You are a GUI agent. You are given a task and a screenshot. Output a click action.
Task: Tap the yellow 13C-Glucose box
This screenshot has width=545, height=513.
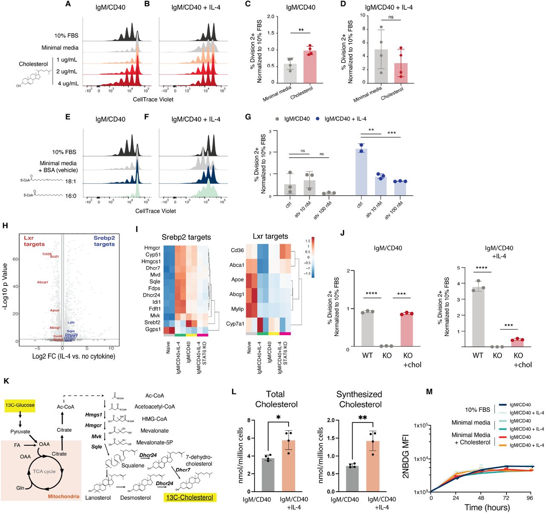20,405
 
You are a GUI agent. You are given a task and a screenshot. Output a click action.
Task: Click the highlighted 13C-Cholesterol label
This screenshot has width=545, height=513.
189,497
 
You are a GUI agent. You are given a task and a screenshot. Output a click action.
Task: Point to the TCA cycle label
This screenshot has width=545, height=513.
44,471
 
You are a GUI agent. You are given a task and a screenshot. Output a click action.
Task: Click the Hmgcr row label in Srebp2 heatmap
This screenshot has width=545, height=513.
152,248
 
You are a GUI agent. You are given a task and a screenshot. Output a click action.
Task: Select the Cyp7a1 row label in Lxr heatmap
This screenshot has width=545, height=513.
235,324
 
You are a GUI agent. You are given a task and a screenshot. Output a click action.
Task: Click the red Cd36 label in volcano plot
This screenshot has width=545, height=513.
47,254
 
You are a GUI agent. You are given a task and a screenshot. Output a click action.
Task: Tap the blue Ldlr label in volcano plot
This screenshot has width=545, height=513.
71,322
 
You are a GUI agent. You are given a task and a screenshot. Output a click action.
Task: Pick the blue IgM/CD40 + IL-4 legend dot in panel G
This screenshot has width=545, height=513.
318,119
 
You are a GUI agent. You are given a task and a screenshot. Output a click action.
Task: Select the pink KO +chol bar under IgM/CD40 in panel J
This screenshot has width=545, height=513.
406,330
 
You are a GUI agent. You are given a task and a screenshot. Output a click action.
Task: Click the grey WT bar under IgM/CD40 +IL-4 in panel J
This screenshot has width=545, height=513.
479,319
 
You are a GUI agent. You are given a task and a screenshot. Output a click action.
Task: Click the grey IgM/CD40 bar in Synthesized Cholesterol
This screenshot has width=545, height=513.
352,479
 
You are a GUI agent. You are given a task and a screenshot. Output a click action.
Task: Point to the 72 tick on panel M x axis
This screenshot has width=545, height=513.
505,497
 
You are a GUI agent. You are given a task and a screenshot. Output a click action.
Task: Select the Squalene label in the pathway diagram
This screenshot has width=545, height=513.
133,465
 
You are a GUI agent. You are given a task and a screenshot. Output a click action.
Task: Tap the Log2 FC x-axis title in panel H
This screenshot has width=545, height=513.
74,356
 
